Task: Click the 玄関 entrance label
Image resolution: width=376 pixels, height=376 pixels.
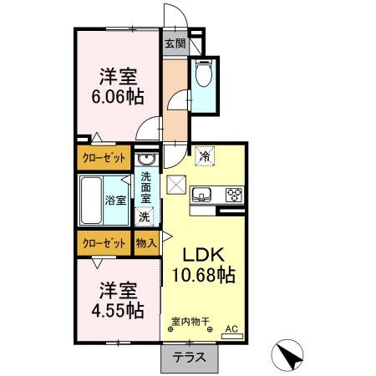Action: tap(175, 43)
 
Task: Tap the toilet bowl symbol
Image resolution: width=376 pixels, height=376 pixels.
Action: tap(204, 73)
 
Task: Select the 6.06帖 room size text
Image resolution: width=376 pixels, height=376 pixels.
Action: tap(118, 97)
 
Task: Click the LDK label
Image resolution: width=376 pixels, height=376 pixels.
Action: tap(203, 254)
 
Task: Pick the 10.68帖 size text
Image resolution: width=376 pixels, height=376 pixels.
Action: tap(204, 275)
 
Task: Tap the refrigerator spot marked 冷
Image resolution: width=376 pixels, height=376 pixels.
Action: tap(206, 156)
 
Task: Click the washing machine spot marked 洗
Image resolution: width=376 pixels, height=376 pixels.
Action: tap(144, 216)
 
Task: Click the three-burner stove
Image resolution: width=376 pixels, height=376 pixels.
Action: tap(235, 194)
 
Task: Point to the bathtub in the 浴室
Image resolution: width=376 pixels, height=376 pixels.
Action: tap(91, 201)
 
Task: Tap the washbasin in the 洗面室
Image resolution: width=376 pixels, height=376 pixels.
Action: tap(145, 160)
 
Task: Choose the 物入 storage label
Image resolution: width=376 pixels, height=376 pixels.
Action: tap(146, 243)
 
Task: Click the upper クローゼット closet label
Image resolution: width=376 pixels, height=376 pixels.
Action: tap(104, 158)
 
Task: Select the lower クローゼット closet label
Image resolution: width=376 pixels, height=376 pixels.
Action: tap(104, 243)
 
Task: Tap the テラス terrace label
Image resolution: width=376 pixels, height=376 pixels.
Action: tap(189, 358)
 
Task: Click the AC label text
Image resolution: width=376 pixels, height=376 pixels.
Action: tap(231, 329)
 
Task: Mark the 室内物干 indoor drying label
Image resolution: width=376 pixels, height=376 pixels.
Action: tap(191, 322)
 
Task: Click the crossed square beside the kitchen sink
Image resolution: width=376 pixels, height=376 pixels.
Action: tap(176, 185)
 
